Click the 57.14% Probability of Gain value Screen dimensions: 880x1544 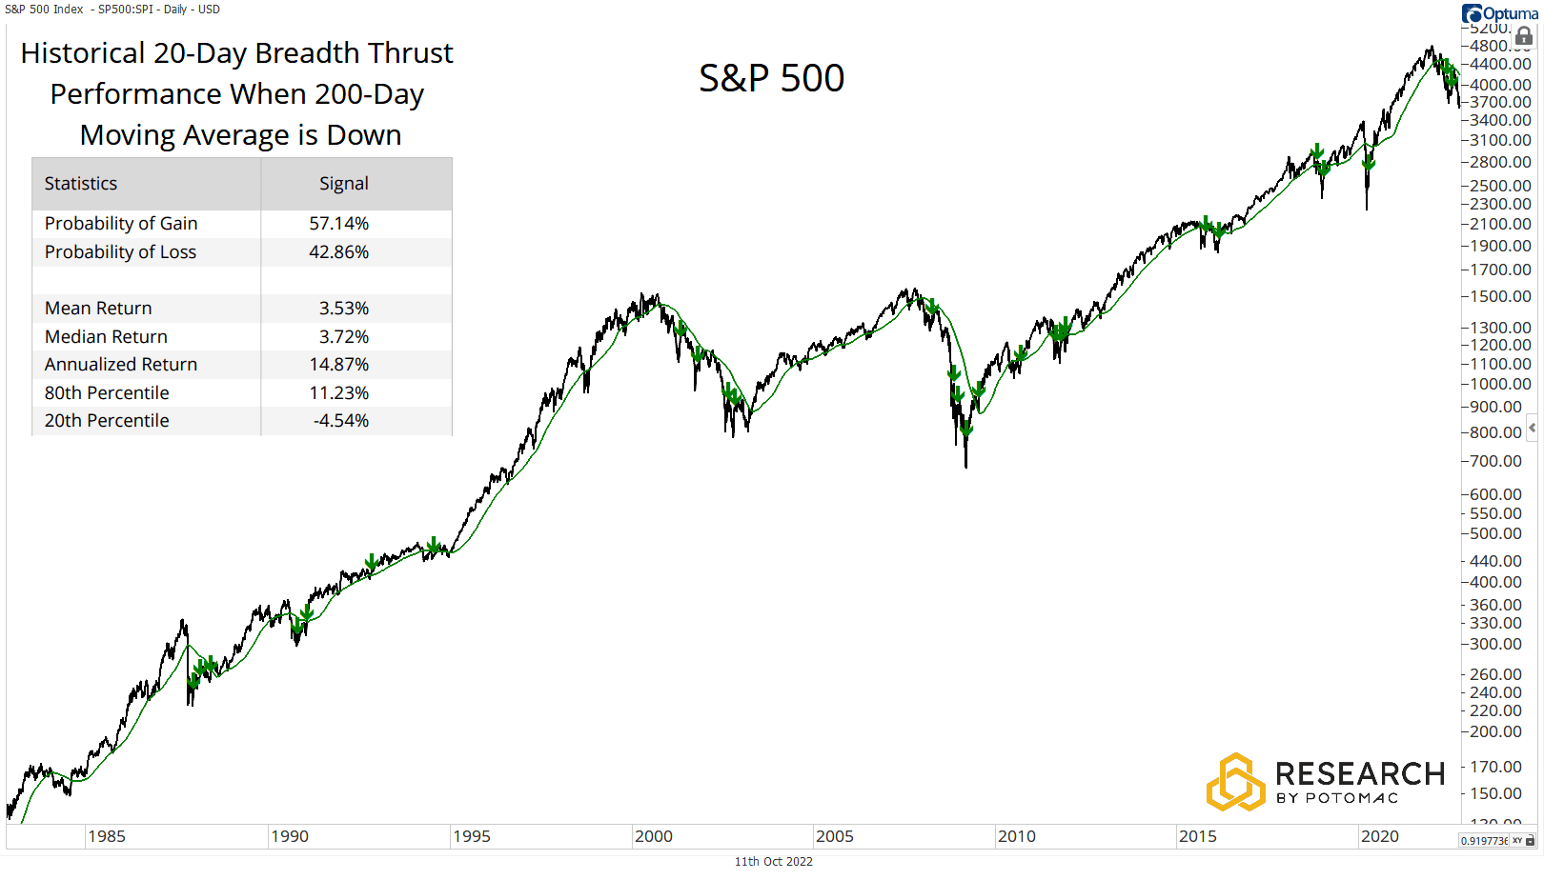pos(338,224)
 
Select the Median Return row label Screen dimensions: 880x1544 pos(106,337)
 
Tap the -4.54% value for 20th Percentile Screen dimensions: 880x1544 pos(341,421)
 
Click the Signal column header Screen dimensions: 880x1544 pos(343,184)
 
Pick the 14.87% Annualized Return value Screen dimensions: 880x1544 pos(338,365)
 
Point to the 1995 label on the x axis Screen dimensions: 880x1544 pos(471,836)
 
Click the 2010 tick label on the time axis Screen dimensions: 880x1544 pos(1016,836)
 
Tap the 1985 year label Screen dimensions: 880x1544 pos(107,836)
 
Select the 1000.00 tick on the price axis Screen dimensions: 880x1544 pos(1495,384)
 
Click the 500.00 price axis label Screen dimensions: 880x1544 pos(1495,533)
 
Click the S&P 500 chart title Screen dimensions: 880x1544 pos(771,78)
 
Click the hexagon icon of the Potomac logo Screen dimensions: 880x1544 pos(1235,782)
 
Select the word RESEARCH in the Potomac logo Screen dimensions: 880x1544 pos(1359,773)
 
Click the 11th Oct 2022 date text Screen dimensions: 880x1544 pos(773,861)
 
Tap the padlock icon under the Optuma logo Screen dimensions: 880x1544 pos(1524,36)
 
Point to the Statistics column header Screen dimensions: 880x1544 pos(81,184)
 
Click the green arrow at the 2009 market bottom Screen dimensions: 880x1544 pos(966,430)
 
